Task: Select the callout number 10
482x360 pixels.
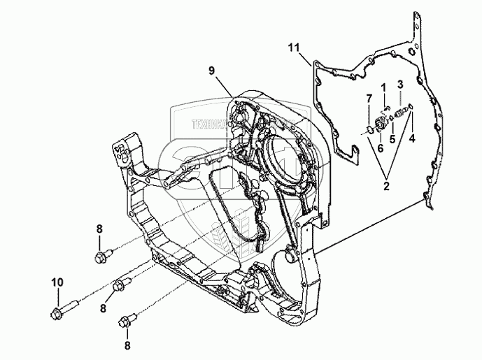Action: [x=56, y=282]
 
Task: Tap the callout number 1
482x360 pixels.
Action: [x=383, y=87]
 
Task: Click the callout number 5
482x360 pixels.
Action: [x=392, y=138]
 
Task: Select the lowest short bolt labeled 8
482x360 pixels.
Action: [x=127, y=322]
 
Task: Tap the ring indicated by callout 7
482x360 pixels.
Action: [x=370, y=129]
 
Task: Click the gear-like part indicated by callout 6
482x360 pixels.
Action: [x=383, y=124]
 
